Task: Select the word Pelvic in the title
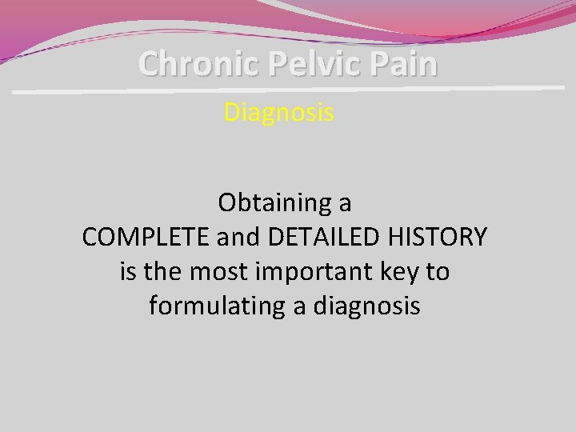click(299, 63)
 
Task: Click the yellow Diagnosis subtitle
click(278, 113)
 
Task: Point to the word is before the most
click(128, 272)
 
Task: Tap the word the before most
click(164, 272)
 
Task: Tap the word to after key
click(438, 272)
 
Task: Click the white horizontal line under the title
click(288, 90)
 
